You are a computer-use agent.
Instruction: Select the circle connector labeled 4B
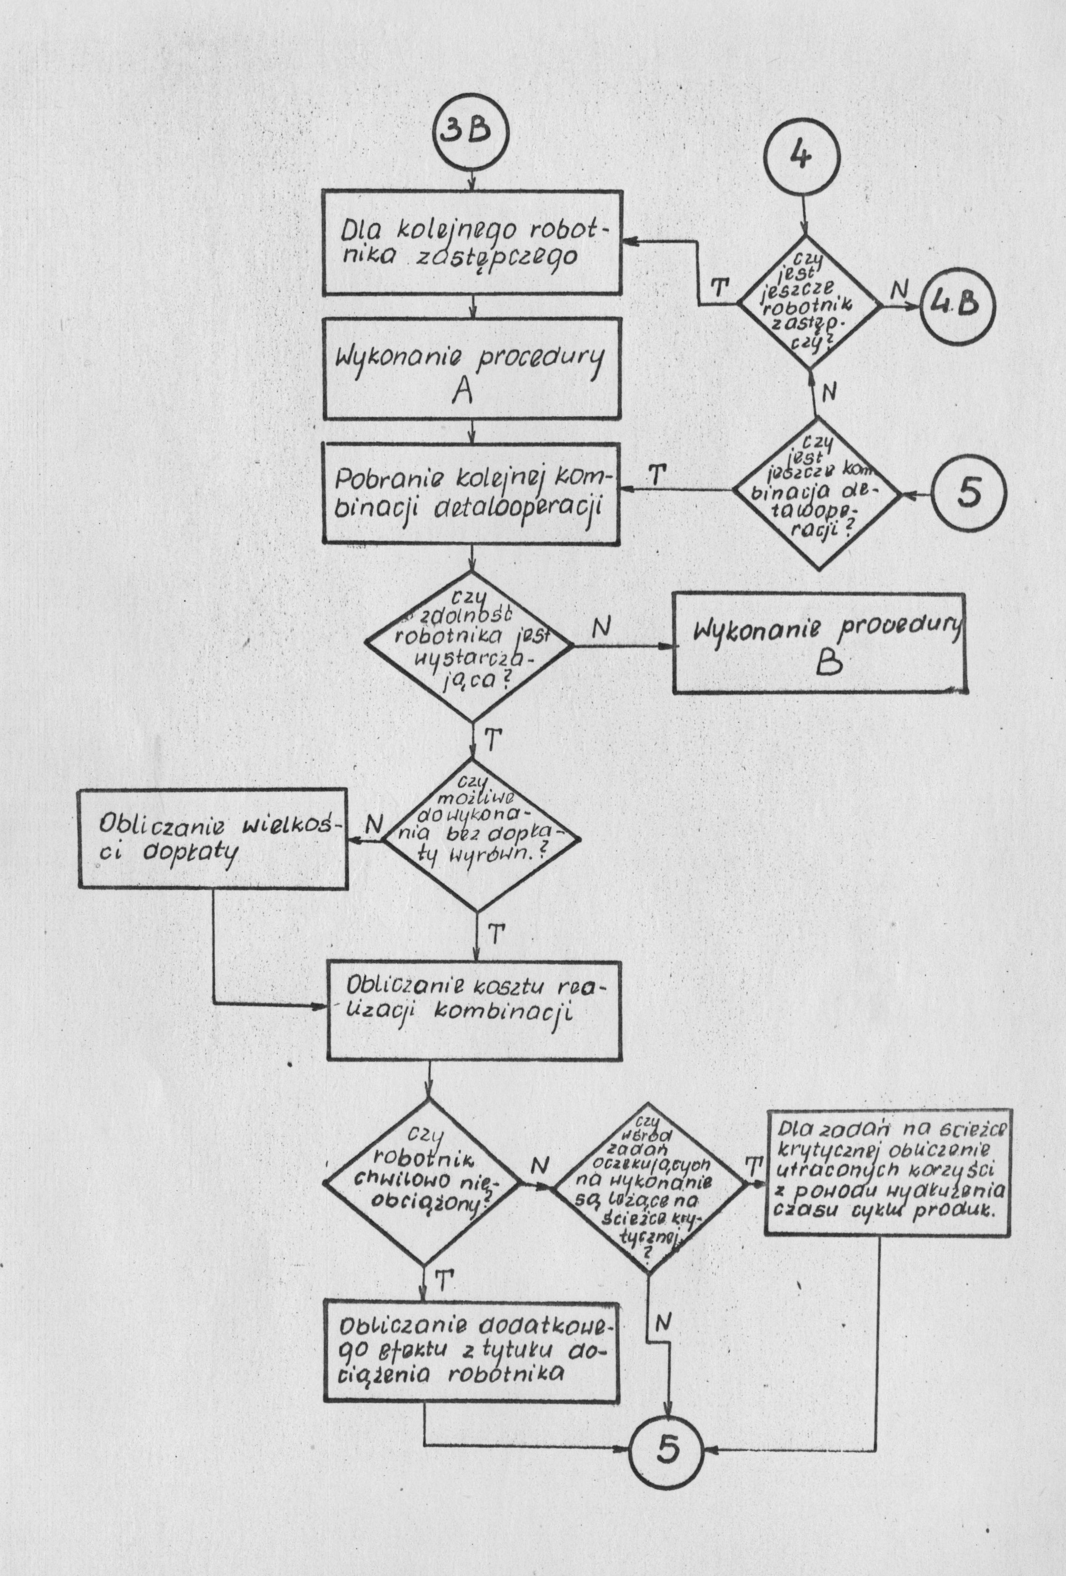click(955, 304)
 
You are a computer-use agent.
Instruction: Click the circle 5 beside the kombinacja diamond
click(968, 494)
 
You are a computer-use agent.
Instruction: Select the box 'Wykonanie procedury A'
click(472, 368)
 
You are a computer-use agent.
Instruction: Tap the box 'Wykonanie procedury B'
click(819, 643)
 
